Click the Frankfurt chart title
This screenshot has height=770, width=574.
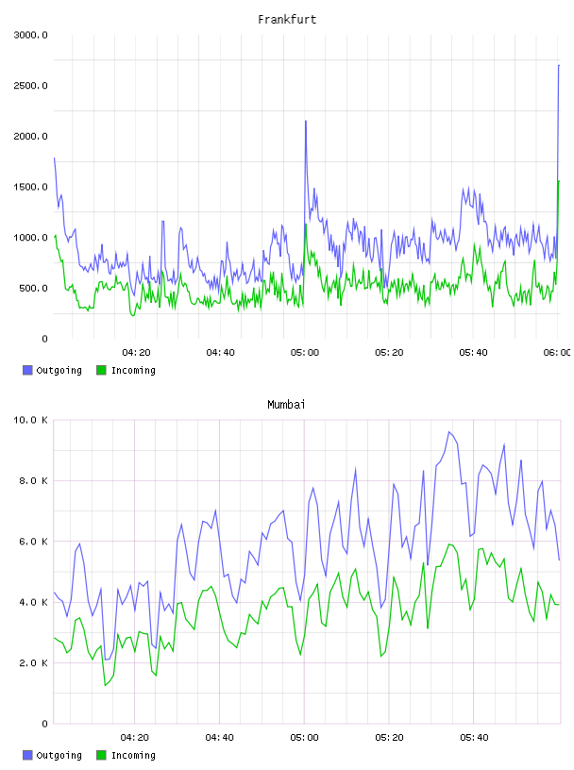tap(287, 20)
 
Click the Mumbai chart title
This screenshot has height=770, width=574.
tap(286, 405)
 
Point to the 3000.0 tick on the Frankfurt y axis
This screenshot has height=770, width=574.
tap(30, 35)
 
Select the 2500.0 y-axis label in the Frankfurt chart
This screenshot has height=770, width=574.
tap(30, 86)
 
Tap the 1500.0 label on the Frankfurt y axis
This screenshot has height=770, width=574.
tap(30, 187)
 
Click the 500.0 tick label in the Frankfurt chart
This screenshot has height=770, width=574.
tap(33, 288)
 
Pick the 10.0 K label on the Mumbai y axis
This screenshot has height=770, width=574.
tap(30, 420)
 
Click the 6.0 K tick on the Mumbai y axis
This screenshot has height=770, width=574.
tap(33, 541)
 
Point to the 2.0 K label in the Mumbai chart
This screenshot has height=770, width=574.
tap(33, 663)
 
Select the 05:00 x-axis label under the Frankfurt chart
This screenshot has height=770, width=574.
tap(305, 353)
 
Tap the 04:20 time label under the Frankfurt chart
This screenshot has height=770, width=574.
tap(136, 353)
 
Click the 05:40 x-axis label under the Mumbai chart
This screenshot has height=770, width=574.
tap(474, 738)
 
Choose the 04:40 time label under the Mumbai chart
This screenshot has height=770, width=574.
tap(220, 738)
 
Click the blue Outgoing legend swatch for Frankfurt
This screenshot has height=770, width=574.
tap(27, 370)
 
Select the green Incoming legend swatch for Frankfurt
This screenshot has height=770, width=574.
tap(101, 370)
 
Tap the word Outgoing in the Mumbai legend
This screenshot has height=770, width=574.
tap(59, 755)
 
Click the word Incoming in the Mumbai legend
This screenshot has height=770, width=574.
tap(133, 755)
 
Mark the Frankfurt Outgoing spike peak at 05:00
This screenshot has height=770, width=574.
tap(306, 121)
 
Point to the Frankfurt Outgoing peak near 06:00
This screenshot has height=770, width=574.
tap(559, 65)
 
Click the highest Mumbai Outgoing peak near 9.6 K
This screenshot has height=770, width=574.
tap(449, 431)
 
